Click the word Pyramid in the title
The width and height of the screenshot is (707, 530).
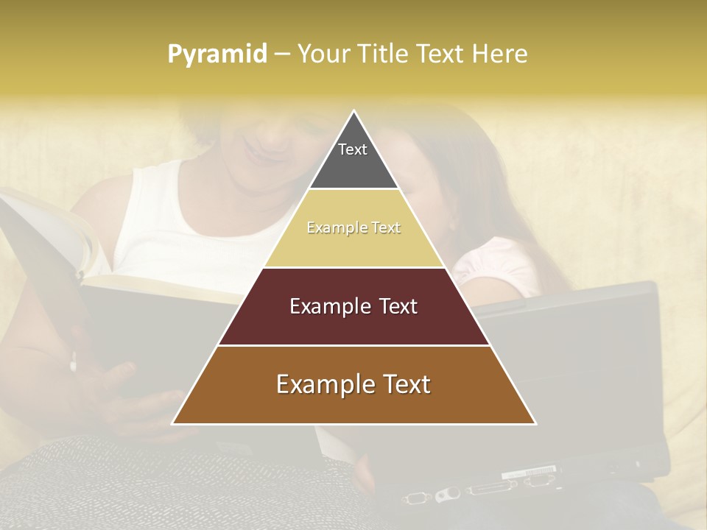pyautogui.click(x=217, y=54)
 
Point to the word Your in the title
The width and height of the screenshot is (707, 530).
pyautogui.click(x=323, y=54)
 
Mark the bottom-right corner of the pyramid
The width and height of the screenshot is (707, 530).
pyautogui.click(x=535, y=423)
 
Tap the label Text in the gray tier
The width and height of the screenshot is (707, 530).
pyautogui.click(x=353, y=149)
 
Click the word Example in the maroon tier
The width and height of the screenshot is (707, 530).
pyautogui.click(x=322, y=306)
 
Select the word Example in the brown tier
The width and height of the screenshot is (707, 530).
pyautogui.click(x=314, y=384)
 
